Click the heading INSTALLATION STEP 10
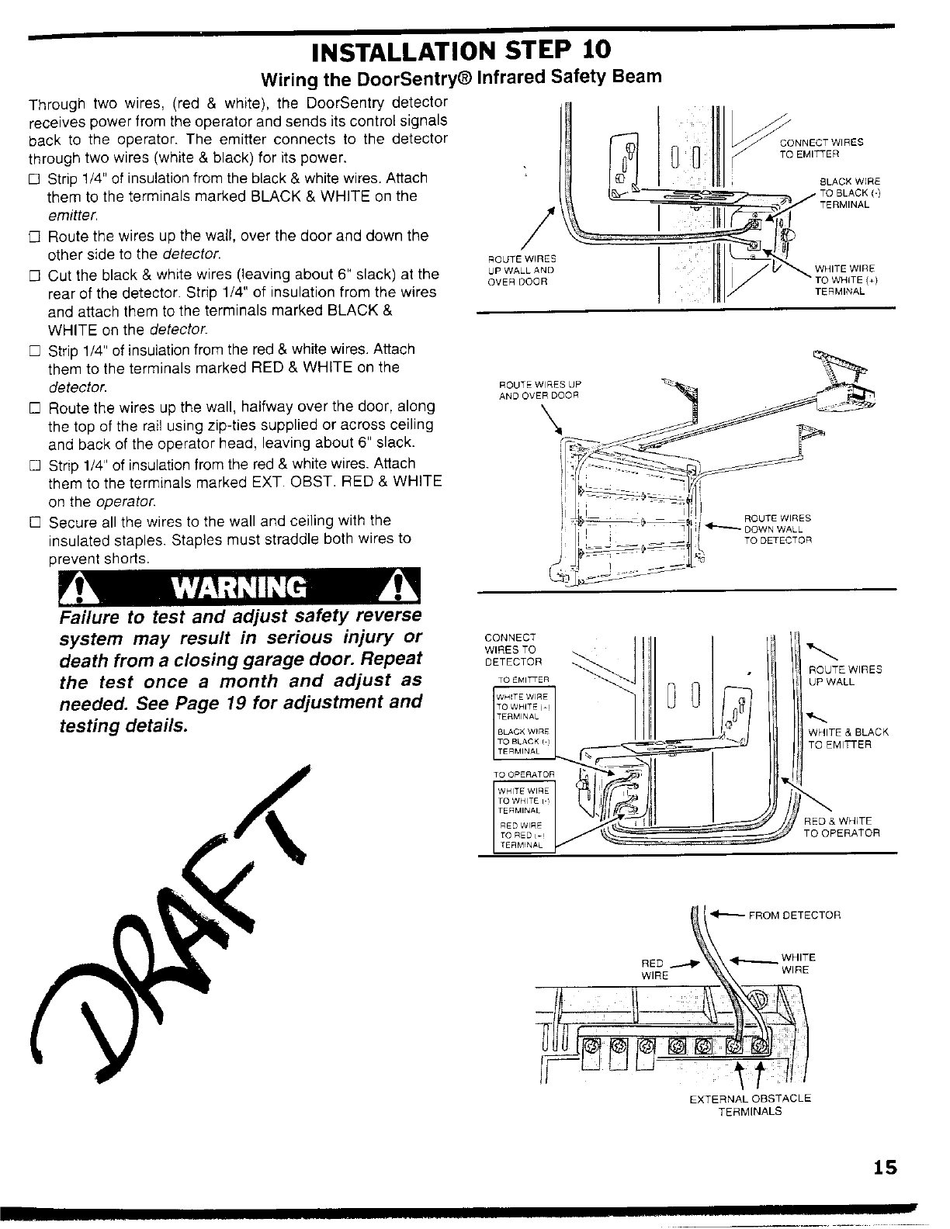point(461,50)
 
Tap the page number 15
point(883,1167)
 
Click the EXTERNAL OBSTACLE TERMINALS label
point(750,1104)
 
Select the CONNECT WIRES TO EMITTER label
point(821,147)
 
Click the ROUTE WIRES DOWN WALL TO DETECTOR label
point(778,528)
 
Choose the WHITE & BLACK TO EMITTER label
point(848,738)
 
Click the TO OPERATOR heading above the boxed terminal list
point(524,774)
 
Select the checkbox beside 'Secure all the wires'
point(33,521)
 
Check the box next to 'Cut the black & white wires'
point(33,275)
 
